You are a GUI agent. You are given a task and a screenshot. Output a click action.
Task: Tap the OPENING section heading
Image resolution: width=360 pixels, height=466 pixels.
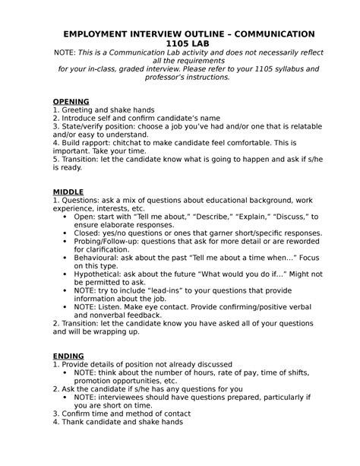[71, 101]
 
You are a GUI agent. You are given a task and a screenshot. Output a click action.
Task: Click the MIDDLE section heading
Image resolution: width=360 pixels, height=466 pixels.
[68, 191]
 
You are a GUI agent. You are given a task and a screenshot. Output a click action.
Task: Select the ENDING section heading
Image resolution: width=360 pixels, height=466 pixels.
[69, 355]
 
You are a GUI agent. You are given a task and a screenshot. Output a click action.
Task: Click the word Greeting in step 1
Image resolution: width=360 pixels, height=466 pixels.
[80, 110]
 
